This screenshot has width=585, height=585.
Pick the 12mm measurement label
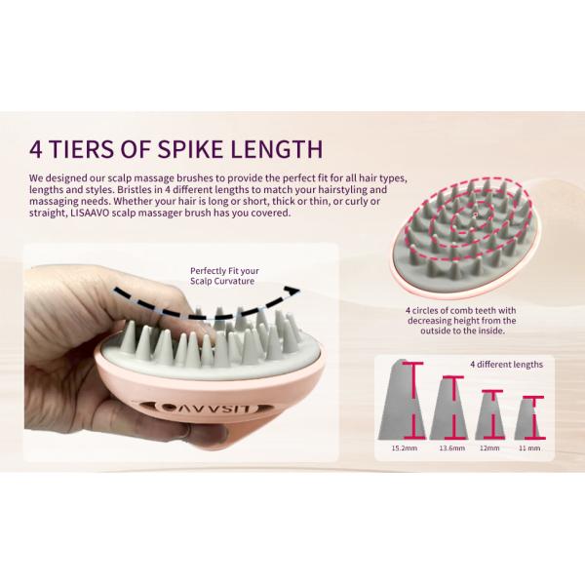click(489, 449)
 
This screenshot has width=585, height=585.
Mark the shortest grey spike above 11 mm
click(527, 418)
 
